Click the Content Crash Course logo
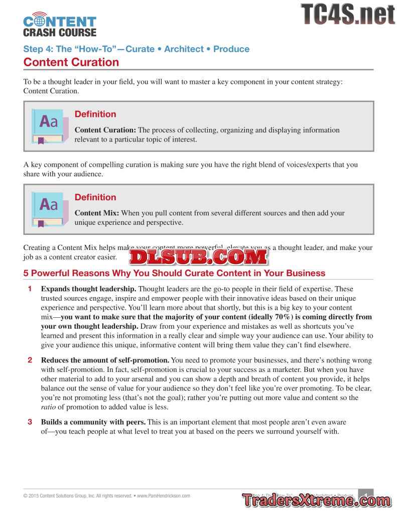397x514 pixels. pos(59,25)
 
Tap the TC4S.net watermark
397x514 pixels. pos(347,15)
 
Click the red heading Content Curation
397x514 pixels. pos(71,62)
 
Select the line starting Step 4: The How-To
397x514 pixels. pos(136,49)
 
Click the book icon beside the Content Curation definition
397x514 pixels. pos(49,126)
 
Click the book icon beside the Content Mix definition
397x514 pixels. pos(49,209)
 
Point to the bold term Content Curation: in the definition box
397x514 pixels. pos(105,130)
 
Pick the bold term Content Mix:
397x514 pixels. pos(97,213)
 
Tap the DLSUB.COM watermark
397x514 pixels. pos(199,257)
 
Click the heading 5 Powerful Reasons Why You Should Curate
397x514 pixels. pos(174,273)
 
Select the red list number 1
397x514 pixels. pos(30,289)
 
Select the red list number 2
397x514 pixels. pos(30,360)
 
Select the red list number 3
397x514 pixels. pos(30,422)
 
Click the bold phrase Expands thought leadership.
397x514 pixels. pos(88,289)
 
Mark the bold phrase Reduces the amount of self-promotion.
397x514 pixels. pos(105,360)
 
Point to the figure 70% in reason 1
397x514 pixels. pos(283,317)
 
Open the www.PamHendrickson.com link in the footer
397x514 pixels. pos(164,495)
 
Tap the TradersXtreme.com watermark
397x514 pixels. pos(316,500)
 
